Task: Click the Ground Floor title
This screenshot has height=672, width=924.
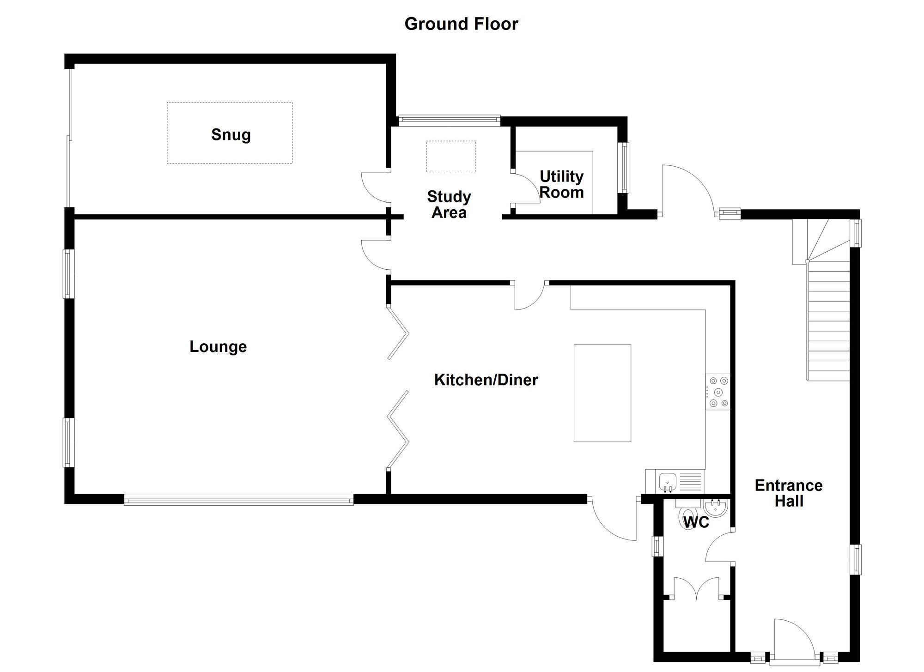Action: pyautogui.click(x=461, y=24)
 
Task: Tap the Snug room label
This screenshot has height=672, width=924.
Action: pyautogui.click(x=231, y=135)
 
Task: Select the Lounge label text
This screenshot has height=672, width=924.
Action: pyautogui.click(x=218, y=347)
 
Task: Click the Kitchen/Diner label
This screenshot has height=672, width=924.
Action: pyautogui.click(x=486, y=380)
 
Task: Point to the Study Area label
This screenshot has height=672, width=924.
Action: pyautogui.click(x=449, y=205)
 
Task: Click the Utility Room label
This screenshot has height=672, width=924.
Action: pyautogui.click(x=561, y=184)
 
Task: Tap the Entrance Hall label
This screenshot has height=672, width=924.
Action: pyautogui.click(x=789, y=493)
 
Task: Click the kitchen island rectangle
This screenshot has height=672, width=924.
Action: pyautogui.click(x=602, y=393)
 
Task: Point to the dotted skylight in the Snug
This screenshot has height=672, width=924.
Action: pyautogui.click(x=230, y=133)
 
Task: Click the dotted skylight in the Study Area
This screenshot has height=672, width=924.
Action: pyautogui.click(x=451, y=157)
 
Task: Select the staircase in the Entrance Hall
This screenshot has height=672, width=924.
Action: pyautogui.click(x=828, y=323)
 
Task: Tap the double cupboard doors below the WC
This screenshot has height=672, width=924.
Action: pyautogui.click(x=696, y=589)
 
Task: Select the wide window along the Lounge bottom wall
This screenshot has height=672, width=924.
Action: pyautogui.click(x=238, y=499)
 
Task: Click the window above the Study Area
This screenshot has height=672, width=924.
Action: pyautogui.click(x=449, y=121)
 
